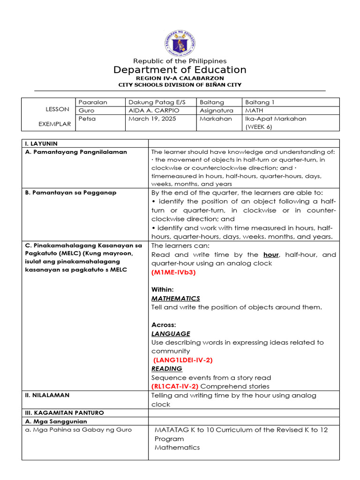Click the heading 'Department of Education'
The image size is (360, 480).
pos(180,70)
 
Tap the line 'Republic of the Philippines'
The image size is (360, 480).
pos(180,61)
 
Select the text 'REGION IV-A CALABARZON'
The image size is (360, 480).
pos(180,78)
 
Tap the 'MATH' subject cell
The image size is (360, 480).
pos(255,111)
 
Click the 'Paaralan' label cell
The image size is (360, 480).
pos(93,102)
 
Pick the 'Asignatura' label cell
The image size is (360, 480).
pos(216,111)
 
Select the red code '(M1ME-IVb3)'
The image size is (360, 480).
pos(173,272)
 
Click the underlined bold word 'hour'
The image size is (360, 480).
pos(271,255)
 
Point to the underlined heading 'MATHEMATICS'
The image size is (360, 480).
pos(175,299)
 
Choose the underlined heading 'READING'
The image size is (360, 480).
pos(166,369)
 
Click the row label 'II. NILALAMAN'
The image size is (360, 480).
pos(47,395)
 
